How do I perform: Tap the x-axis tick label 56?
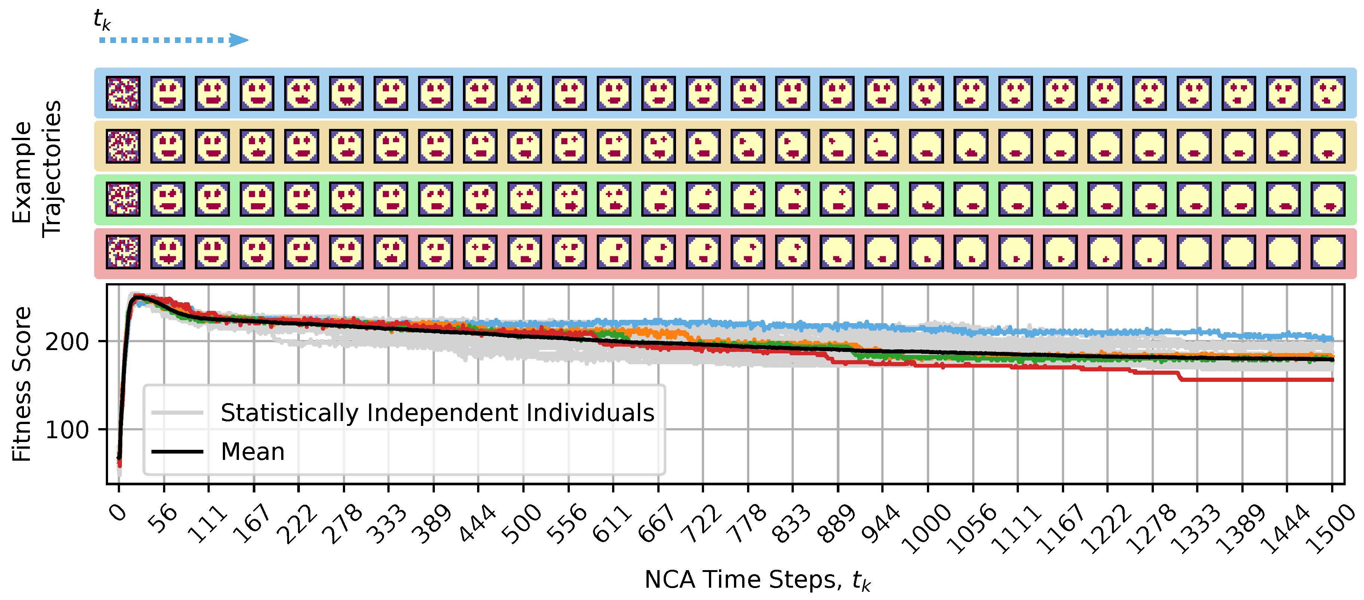pyautogui.click(x=162, y=519)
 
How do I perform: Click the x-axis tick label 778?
pyautogui.click(x=746, y=523)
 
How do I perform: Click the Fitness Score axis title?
pyautogui.click(x=22, y=384)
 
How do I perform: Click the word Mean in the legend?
pyautogui.click(x=253, y=452)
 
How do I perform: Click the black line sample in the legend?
pyautogui.click(x=177, y=452)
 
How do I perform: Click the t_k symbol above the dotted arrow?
pyautogui.click(x=102, y=20)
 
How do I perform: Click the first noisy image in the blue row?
pyautogui.click(x=123, y=93)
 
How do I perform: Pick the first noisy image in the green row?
pyautogui.click(x=123, y=199)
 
